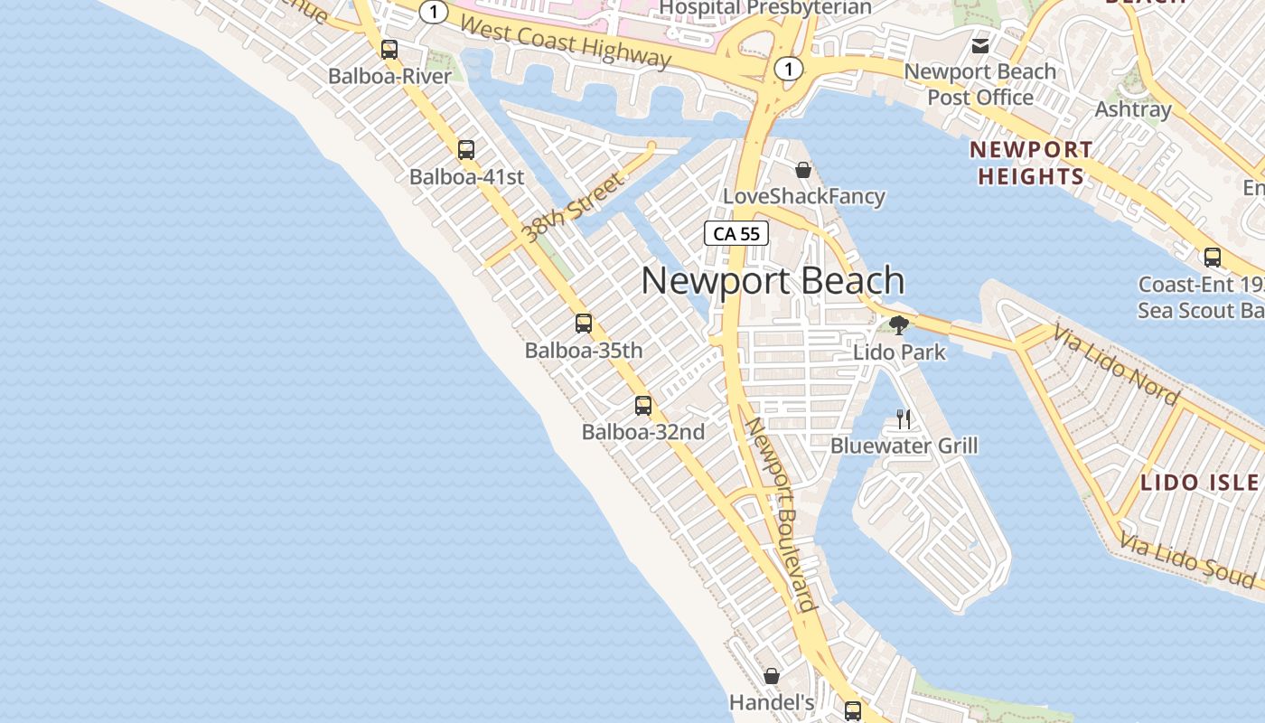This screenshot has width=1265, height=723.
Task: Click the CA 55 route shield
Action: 736,234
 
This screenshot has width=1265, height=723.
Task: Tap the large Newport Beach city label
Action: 773,281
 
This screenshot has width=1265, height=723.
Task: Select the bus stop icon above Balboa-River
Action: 389,50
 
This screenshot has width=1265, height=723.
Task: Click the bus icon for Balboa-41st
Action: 466,150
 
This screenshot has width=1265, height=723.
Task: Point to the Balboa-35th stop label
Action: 584,350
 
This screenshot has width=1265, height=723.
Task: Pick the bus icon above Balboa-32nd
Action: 643,406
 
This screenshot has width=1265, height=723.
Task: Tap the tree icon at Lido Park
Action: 898,325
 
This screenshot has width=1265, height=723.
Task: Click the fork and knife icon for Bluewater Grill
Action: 903,418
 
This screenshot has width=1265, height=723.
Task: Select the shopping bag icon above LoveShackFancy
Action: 803,170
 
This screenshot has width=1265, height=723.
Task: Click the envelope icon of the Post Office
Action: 980,45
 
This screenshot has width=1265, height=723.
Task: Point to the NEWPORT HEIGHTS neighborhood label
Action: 1031,163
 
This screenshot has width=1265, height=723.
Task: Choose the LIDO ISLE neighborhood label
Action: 1199,483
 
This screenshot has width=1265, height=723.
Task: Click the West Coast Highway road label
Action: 566,42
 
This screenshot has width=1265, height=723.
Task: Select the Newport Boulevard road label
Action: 782,514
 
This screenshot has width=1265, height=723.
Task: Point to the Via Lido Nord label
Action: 1117,367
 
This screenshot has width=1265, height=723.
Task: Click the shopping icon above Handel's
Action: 772,676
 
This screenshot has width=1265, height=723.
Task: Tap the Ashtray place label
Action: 1133,109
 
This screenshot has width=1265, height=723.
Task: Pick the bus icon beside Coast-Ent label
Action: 1213,258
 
